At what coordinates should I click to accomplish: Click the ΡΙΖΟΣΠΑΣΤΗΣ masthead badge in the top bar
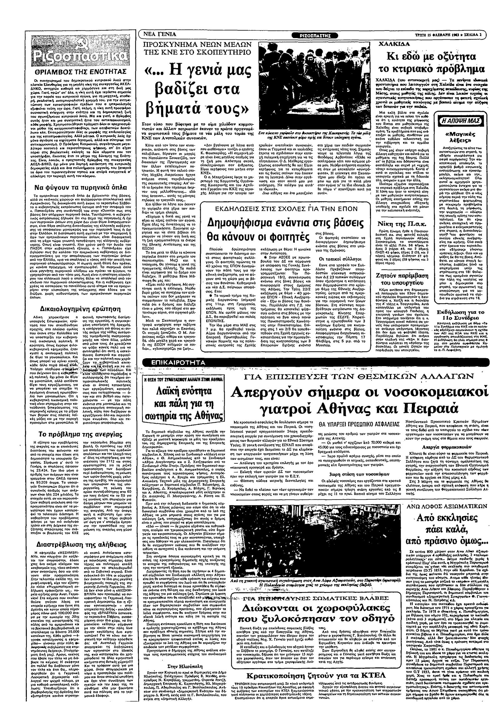pyautogui.click(x=315, y=35)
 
